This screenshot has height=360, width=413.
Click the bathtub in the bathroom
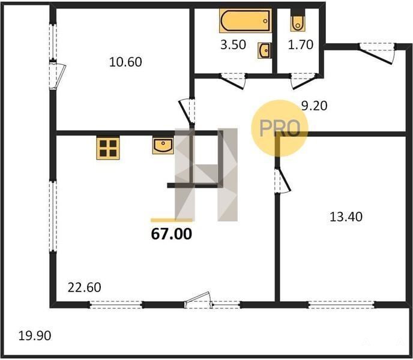pos(245,21)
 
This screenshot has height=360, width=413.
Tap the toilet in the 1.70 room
pos(298,20)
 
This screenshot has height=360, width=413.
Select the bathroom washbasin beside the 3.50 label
pos(264,50)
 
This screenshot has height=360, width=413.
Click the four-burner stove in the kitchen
pos(108,148)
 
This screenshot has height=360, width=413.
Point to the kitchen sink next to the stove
pos(163,146)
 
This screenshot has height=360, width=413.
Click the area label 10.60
pos(125,62)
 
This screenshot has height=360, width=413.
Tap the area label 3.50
pos(233,45)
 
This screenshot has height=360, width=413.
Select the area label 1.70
pos(301,45)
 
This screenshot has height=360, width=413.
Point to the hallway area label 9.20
pos(314,106)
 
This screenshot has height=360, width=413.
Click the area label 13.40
pos(346,217)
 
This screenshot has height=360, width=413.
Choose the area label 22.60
pos(84,287)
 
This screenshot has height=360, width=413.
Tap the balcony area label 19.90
pos(35,336)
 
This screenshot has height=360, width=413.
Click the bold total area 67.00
pos(172,234)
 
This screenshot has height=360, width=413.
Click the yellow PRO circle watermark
pos(280,128)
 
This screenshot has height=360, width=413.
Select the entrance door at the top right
pos(378,53)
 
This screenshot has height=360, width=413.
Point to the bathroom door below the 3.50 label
pos(233,81)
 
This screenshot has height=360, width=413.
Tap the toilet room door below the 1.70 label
pos(303,81)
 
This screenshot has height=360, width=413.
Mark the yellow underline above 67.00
pos(172,220)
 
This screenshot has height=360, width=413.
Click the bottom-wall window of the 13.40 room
pos(342,305)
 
